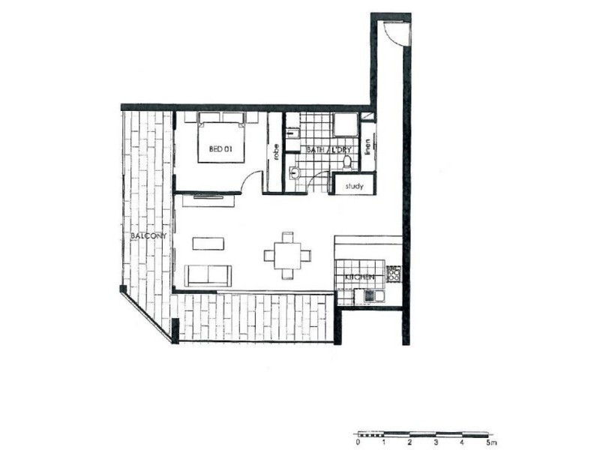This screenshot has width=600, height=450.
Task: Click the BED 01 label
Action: point(220,148)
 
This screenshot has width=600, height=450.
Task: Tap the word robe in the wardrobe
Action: point(276,151)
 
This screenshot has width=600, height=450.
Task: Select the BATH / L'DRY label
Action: point(328,149)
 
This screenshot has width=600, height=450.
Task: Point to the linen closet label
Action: point(367,147)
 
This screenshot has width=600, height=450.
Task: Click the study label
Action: point(354,186)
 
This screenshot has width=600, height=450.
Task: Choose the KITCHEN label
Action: point(359,277)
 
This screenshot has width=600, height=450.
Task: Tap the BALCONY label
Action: point(148,235)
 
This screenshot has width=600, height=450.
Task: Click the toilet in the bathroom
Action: point(347,162)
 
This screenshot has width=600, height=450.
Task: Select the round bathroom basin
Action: point(295,173)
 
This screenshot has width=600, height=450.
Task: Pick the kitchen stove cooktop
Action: point(393,274)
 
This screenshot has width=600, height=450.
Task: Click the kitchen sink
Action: point(373,295)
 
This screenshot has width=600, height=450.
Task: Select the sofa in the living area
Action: point(208,275)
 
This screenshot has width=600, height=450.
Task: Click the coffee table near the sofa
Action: point(208,244)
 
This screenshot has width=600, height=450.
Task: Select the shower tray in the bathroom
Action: point(346,124)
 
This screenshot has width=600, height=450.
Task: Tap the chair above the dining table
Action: point(287,237)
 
